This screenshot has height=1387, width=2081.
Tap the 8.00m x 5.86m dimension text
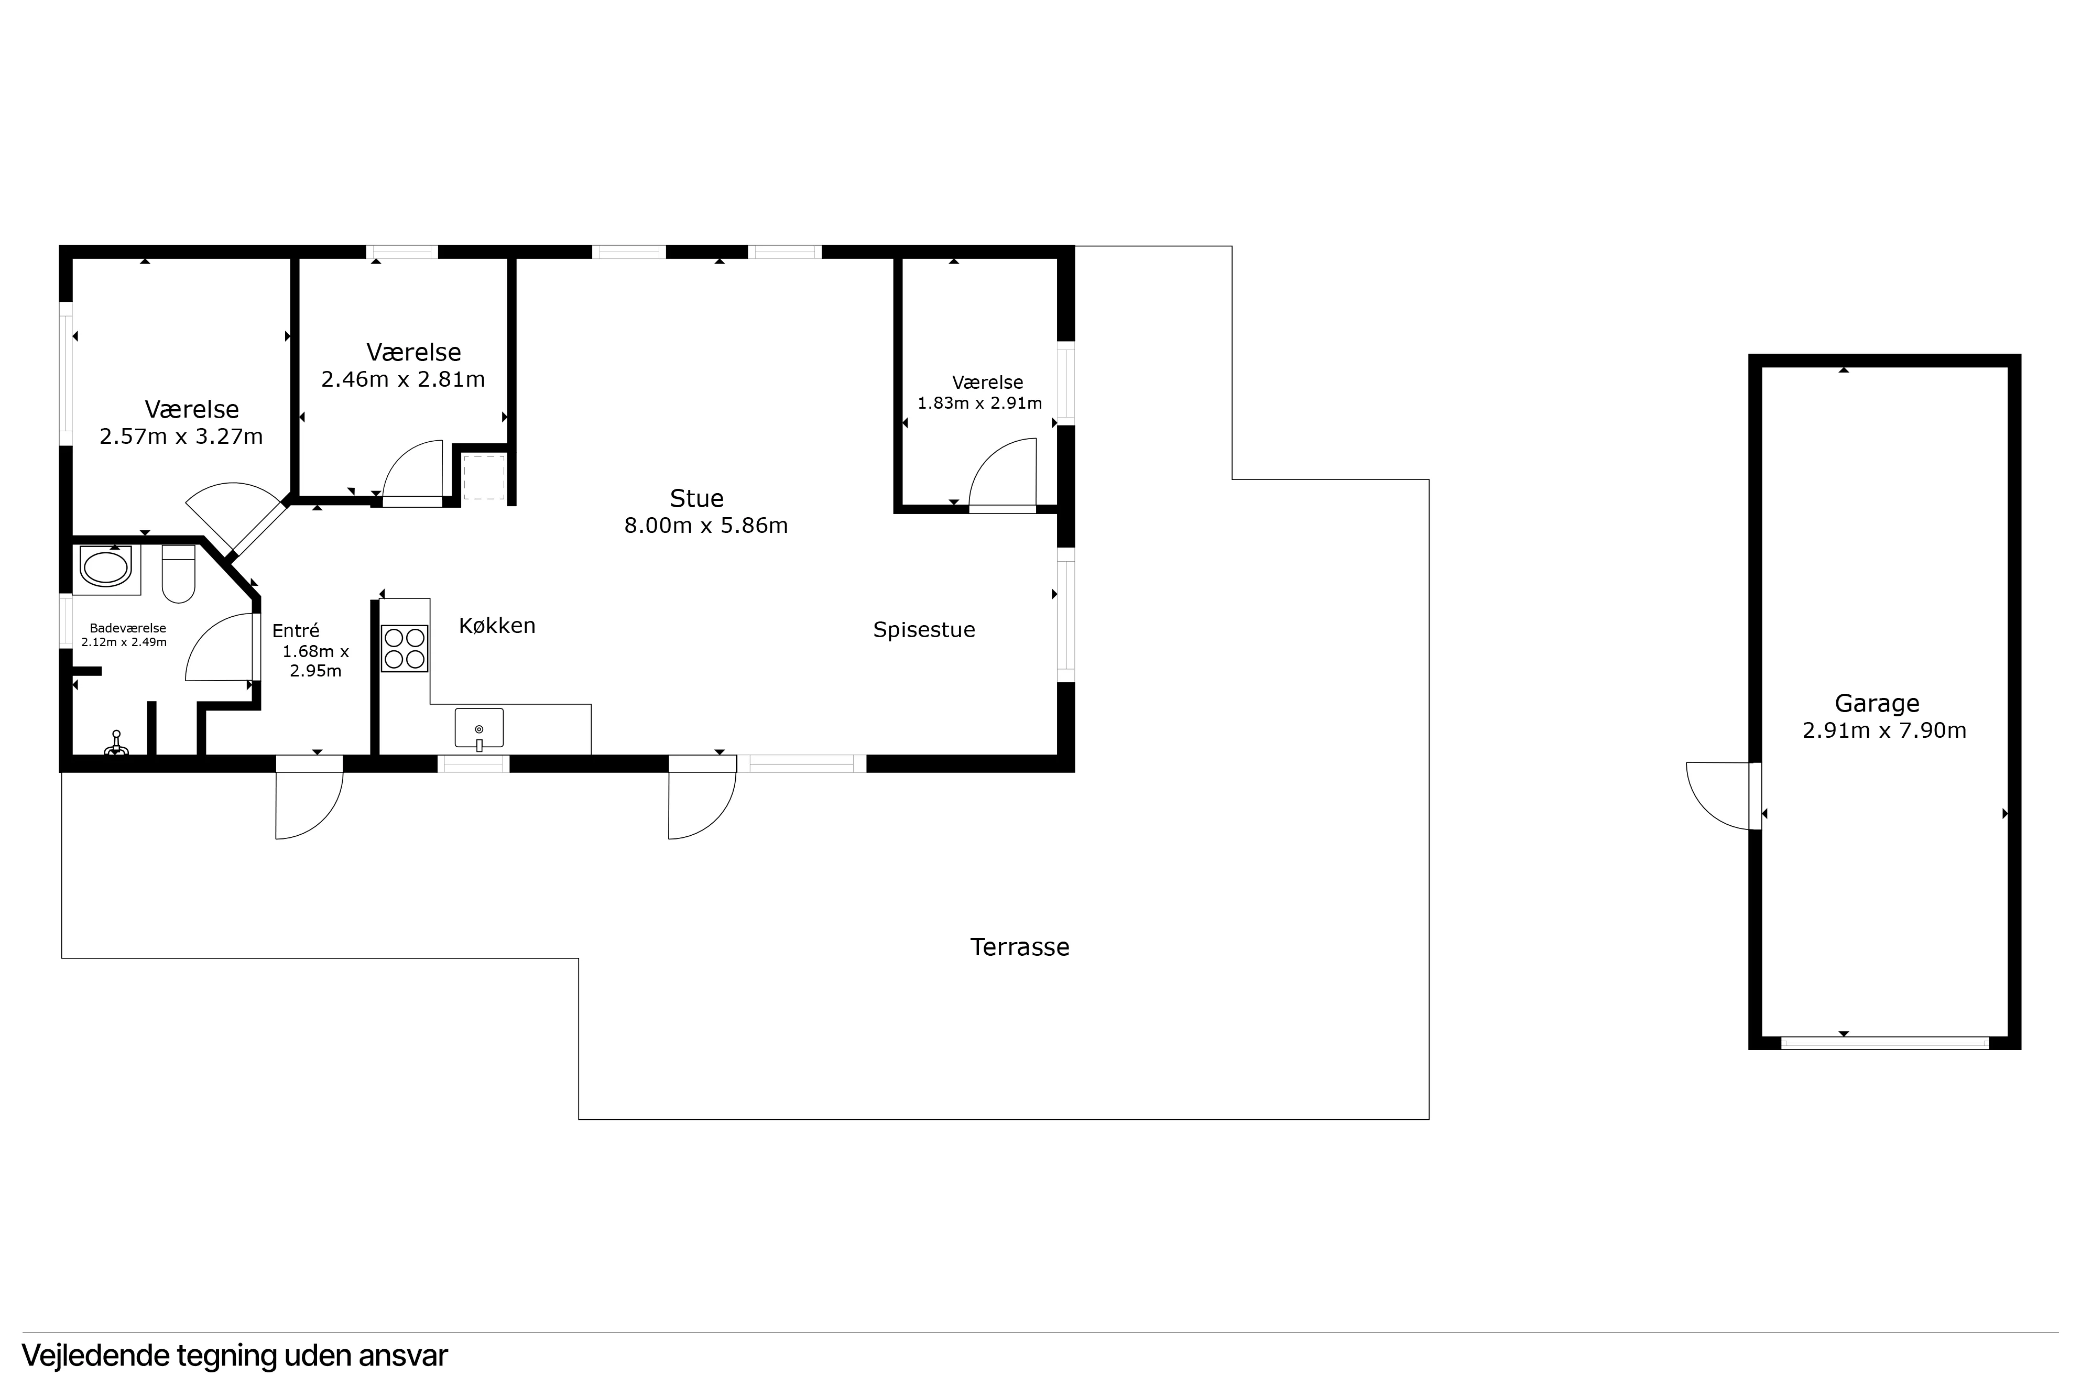[706, 526]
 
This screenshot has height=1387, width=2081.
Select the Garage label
[1877, 703]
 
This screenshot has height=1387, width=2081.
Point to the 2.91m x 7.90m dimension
[1884, 730]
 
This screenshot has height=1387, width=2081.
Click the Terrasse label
[1020, 947]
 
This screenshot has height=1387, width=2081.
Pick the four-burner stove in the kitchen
[404, 648]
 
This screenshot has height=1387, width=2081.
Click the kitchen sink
[480, 729]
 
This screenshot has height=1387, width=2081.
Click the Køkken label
[497, 626]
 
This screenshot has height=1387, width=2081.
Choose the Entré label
[296, 631]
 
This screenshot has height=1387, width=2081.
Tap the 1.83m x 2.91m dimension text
[979, 403]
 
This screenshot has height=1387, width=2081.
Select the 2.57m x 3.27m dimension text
[181, 437]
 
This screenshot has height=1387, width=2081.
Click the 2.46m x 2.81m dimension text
[404, 379]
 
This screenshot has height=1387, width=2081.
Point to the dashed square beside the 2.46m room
[484, 478]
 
